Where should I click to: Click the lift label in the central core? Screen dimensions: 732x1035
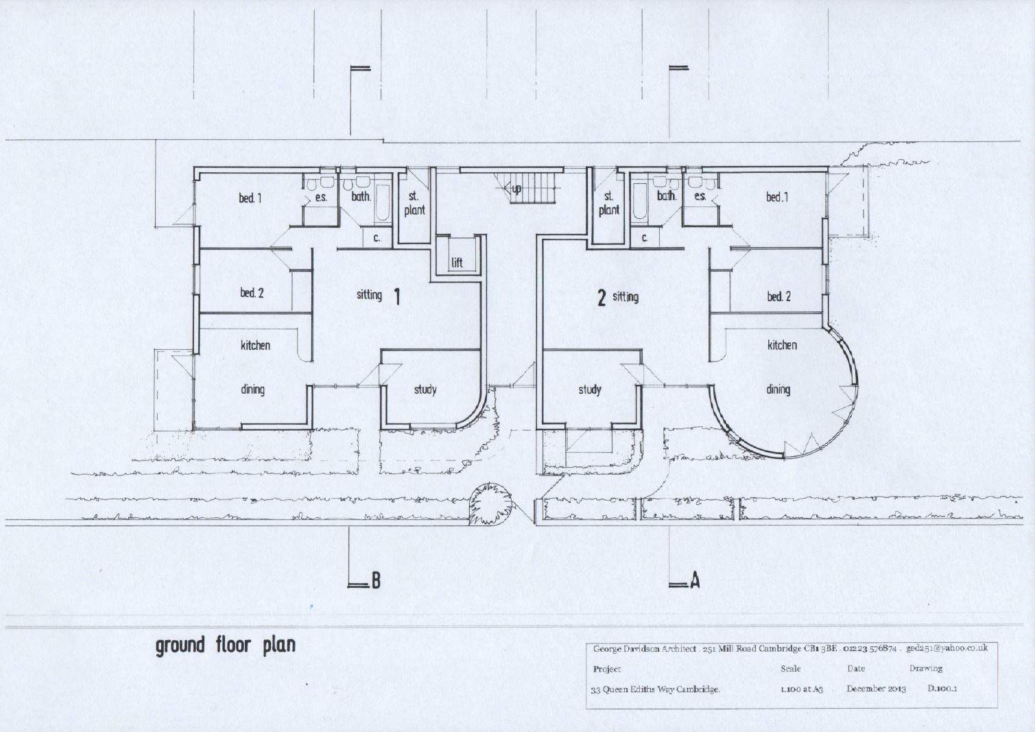(x=457, y=263)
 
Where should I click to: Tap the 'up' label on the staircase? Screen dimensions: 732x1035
(x=516, y=188)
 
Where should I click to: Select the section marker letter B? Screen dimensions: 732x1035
(x=375, y=581)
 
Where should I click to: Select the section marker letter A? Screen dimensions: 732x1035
(x=694, y=581)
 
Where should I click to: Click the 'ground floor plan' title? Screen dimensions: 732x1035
(x=225, y=646)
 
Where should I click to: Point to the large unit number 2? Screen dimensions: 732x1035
(x=602, y=298)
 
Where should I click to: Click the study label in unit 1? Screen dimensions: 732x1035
(x=425, y=390)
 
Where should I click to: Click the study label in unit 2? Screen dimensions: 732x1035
(x=589, y=390)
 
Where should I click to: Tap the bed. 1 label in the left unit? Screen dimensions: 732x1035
(x=250, y=198)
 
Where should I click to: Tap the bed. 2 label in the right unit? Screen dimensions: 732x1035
(x=778, y=296)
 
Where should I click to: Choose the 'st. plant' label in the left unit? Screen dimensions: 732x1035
(x=414, y=204)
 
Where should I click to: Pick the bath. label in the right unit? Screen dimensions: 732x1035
(x=666, y=196)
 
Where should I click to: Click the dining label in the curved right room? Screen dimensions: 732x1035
(x=778, y=390)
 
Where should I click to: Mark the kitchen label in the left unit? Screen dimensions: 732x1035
(x=254, y=345)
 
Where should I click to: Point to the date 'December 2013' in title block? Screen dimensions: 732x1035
(x=876, y=689)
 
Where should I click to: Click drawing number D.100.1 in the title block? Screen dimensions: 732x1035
(x=942, y=688)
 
